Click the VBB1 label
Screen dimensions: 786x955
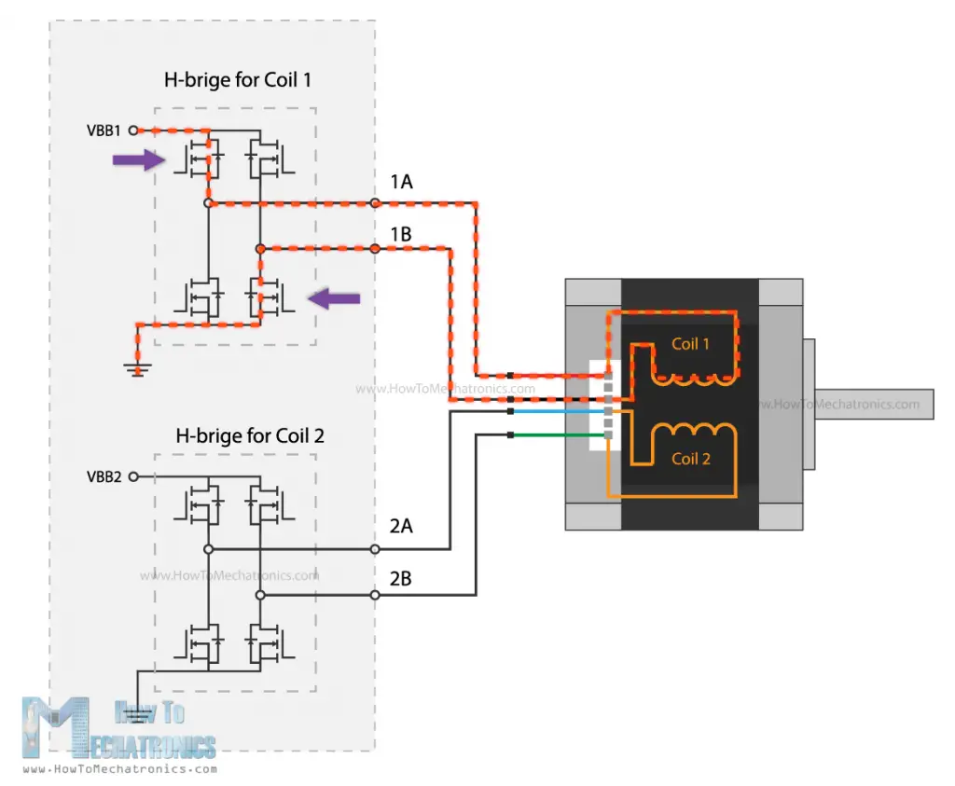104,131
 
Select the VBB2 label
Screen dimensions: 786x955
104,476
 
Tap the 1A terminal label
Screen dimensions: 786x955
401,182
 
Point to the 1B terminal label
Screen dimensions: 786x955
401,234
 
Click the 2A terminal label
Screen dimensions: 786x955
401,527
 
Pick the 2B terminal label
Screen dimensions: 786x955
401,578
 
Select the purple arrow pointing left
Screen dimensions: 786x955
334,298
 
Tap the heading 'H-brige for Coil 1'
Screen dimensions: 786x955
237,80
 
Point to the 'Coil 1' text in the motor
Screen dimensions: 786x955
690,344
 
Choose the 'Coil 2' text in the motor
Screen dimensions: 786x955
690,459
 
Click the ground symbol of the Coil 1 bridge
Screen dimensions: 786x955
138,370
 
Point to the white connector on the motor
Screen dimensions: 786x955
600,407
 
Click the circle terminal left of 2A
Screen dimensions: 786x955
375,549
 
